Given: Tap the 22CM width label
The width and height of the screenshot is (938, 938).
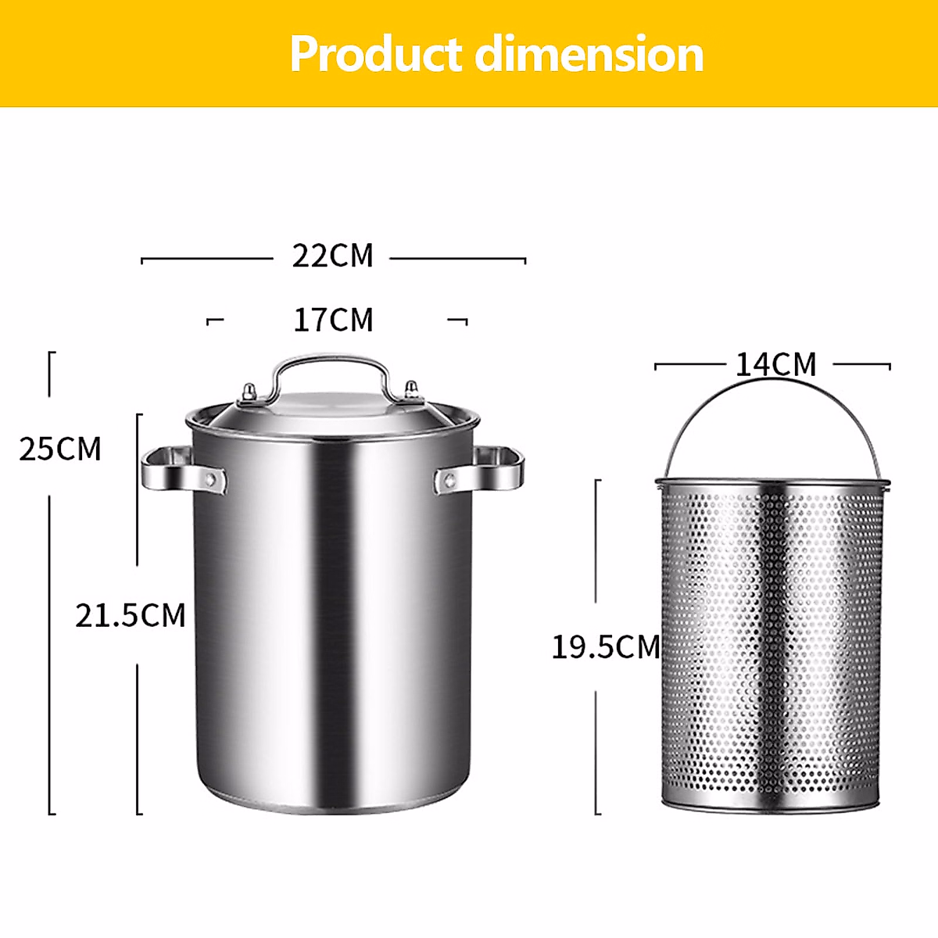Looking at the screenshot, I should [333, 256].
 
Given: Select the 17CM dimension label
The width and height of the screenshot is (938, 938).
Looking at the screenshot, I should [333, 320].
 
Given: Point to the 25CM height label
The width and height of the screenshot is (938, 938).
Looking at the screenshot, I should [60, 449].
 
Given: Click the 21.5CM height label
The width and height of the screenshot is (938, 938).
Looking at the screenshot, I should [131, 616].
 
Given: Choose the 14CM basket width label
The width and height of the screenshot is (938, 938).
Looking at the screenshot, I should [775, 365].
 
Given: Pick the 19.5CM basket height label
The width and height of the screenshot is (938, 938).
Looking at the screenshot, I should [606, 647].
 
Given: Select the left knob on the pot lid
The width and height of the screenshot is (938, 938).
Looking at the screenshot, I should [249, 393].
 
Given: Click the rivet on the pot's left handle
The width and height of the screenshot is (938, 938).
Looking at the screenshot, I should [210, 478].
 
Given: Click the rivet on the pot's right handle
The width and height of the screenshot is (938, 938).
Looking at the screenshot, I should [449, 479].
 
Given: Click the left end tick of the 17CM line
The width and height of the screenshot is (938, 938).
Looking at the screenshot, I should [209, 320].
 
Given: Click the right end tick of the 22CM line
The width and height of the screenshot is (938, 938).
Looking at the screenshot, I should [524, 260].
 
